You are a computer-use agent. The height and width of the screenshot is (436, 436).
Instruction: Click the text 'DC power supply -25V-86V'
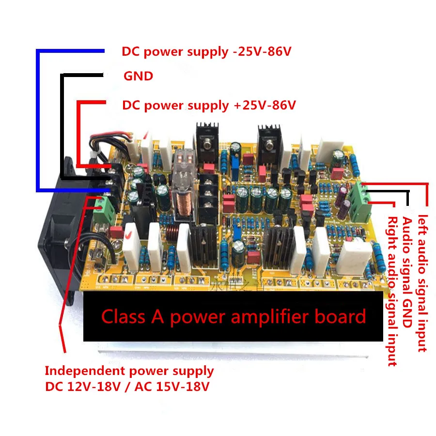(206, 51)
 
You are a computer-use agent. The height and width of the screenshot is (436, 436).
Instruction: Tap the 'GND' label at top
(138, 76)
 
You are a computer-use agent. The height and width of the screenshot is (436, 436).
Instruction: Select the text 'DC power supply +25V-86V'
(209, 105)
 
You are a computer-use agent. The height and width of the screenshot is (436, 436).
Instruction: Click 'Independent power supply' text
(129, 371)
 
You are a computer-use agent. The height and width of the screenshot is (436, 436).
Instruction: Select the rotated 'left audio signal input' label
(422, 283)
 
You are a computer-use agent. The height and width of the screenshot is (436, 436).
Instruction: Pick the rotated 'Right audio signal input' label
(392, 291)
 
